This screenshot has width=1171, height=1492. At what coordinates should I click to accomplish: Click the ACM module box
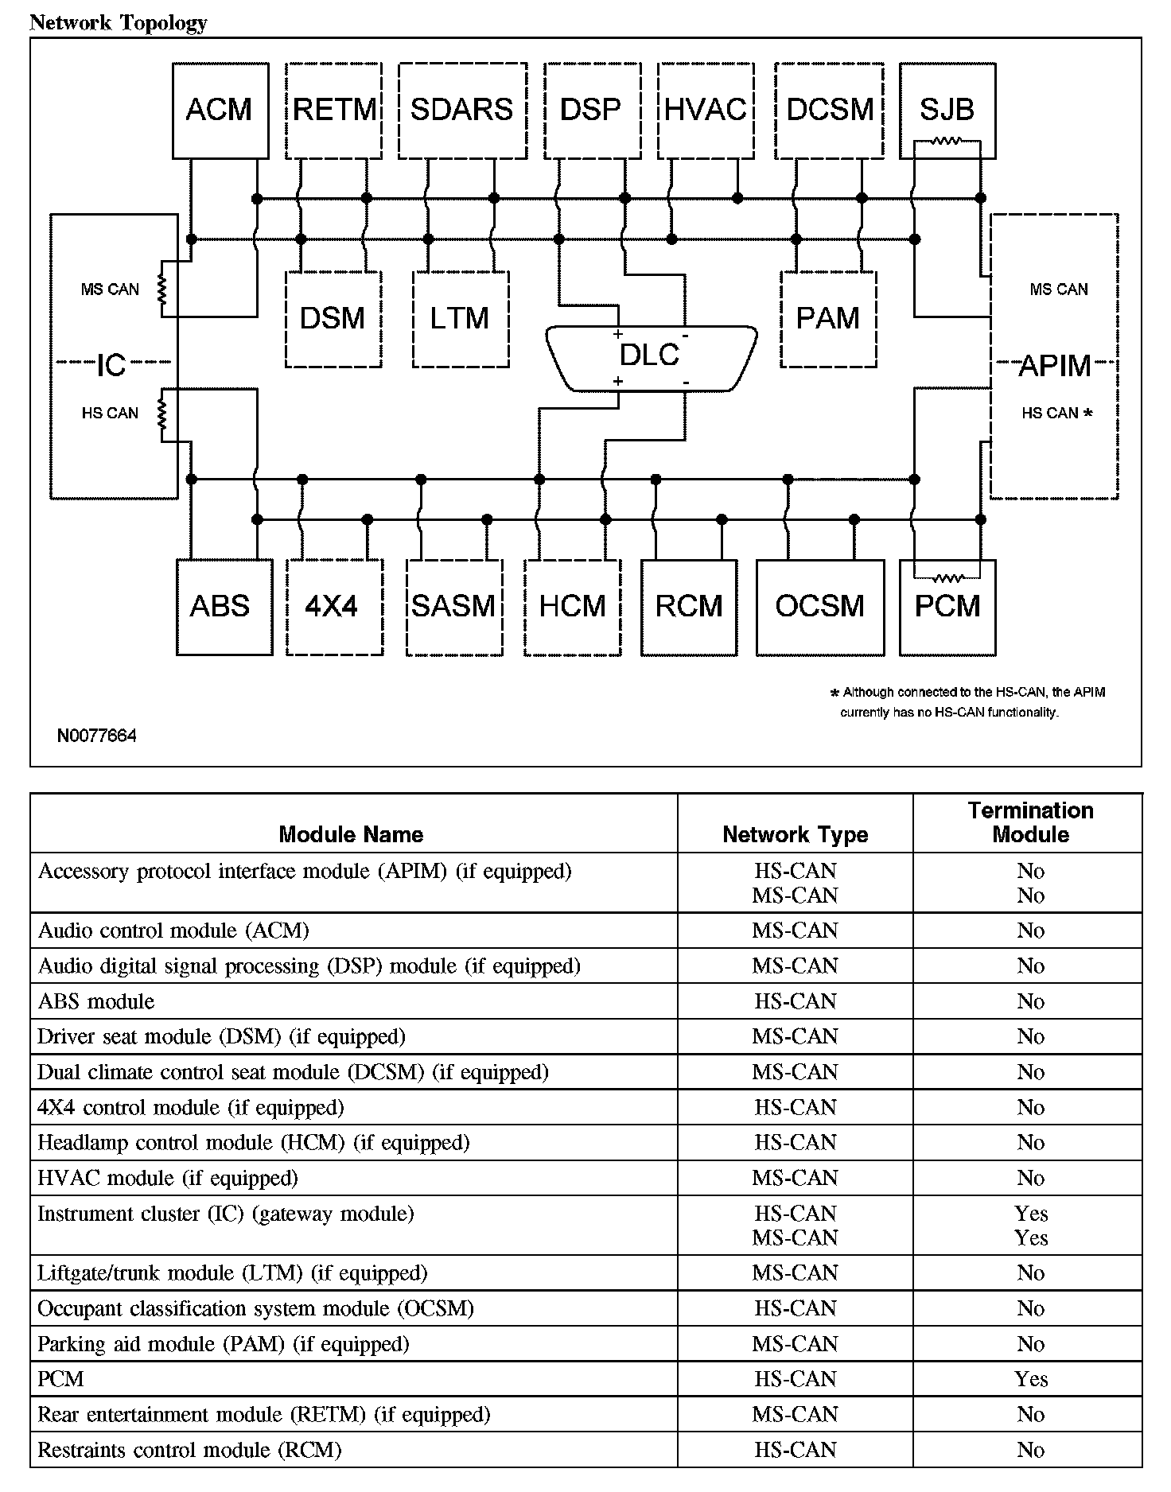click(x=220, y=110)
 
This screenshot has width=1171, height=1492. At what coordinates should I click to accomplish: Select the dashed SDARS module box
click(x=461, y=110)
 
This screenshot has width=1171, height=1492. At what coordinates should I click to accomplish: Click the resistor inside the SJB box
click(x=947, y=142)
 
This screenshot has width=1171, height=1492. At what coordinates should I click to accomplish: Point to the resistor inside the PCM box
click(x=947, y=577)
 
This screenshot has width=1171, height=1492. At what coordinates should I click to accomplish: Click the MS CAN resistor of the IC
click(x=162, y=289)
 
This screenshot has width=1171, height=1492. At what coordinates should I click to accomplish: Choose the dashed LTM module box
click(x=460, y=319)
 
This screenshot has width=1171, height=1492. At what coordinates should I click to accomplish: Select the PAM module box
click(x=827, y=319)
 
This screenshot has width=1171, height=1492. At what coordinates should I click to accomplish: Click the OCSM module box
click(x=819, y=607)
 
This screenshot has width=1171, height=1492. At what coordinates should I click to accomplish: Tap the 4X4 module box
click(x=333, y=607)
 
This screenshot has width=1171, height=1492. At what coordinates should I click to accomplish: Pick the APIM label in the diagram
click(x=1054, y=366)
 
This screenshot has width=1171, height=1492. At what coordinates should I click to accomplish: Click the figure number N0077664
click(x=96, y=736)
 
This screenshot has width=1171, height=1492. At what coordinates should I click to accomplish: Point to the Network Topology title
click(x=118, y=22)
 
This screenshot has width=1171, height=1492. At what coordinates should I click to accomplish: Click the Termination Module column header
click(x=1030, y=822)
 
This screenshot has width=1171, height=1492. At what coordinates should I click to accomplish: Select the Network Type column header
click(x=795, y=834)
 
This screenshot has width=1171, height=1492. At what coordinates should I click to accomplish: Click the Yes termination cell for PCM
click(x=1031, y=1379)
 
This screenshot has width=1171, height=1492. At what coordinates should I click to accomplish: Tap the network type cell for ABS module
click(x=795, y=1001)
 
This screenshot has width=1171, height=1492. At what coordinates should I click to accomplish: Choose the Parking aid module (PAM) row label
click(x=223, y=1344)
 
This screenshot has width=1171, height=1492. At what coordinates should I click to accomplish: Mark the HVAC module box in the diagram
click(x=705, y=110)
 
